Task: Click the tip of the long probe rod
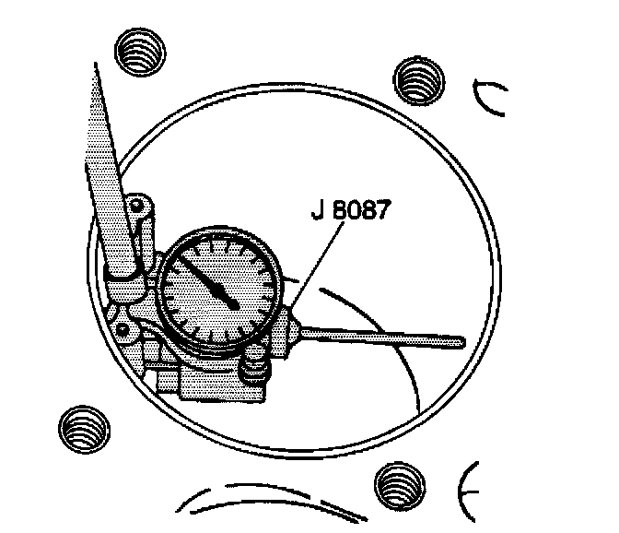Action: (x=458, y=343)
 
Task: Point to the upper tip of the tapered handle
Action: (x=97, y=66)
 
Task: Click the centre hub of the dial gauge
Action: (x=233, y=302)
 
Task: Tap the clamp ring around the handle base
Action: (x=122, y=271)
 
